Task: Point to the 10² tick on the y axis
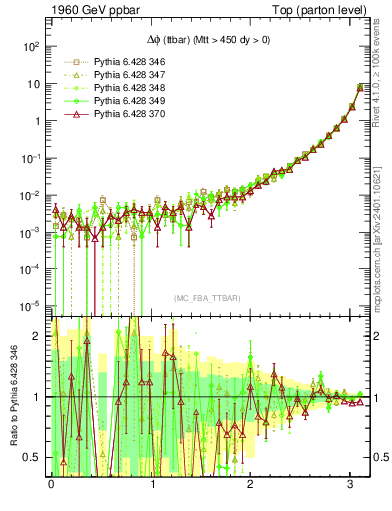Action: click(32, 47)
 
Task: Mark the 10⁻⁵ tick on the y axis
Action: click(32, 305)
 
